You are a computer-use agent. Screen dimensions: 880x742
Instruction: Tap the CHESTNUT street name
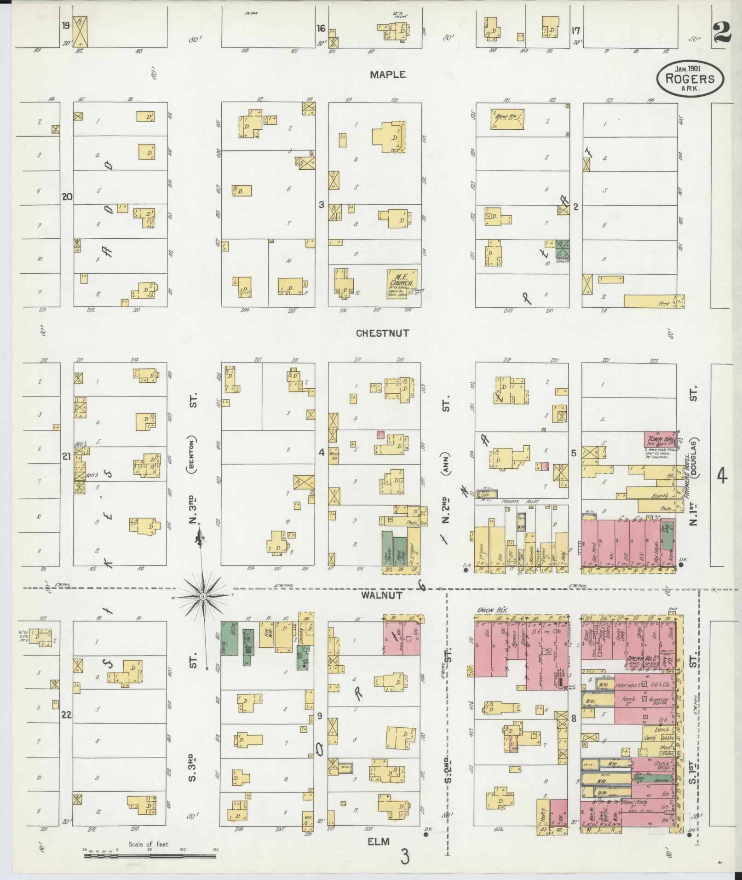point(383,333)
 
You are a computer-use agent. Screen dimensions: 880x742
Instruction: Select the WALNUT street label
point(388,595)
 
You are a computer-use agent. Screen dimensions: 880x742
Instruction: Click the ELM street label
point(379,842)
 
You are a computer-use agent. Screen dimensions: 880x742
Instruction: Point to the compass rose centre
point(203,597)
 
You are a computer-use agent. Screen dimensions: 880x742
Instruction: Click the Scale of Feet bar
point(150,857)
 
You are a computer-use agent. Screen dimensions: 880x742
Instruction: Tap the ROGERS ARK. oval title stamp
point(690,79)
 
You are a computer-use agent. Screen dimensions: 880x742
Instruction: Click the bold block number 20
point(68,197)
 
